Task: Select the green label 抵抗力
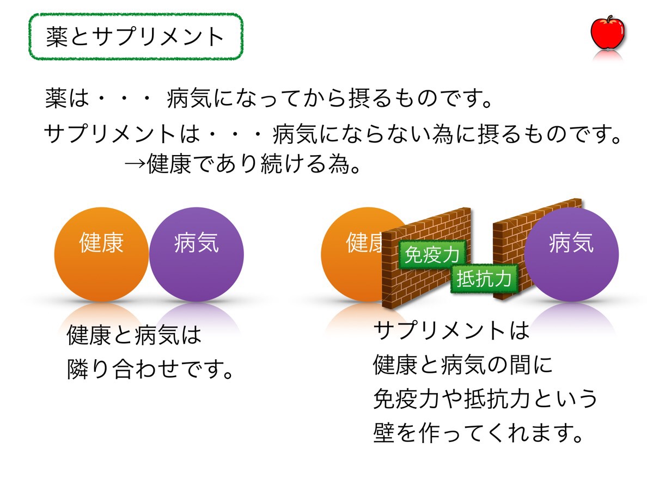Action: [484, 279]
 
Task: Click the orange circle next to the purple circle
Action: [101, 254]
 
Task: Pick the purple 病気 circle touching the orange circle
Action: [197, 254]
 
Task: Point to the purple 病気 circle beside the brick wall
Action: [571, 254]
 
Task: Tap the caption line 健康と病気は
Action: [134, 335]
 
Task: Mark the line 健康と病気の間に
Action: [462, 365]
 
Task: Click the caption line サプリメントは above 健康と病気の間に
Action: [451, 330]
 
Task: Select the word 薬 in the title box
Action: [56, 37]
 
